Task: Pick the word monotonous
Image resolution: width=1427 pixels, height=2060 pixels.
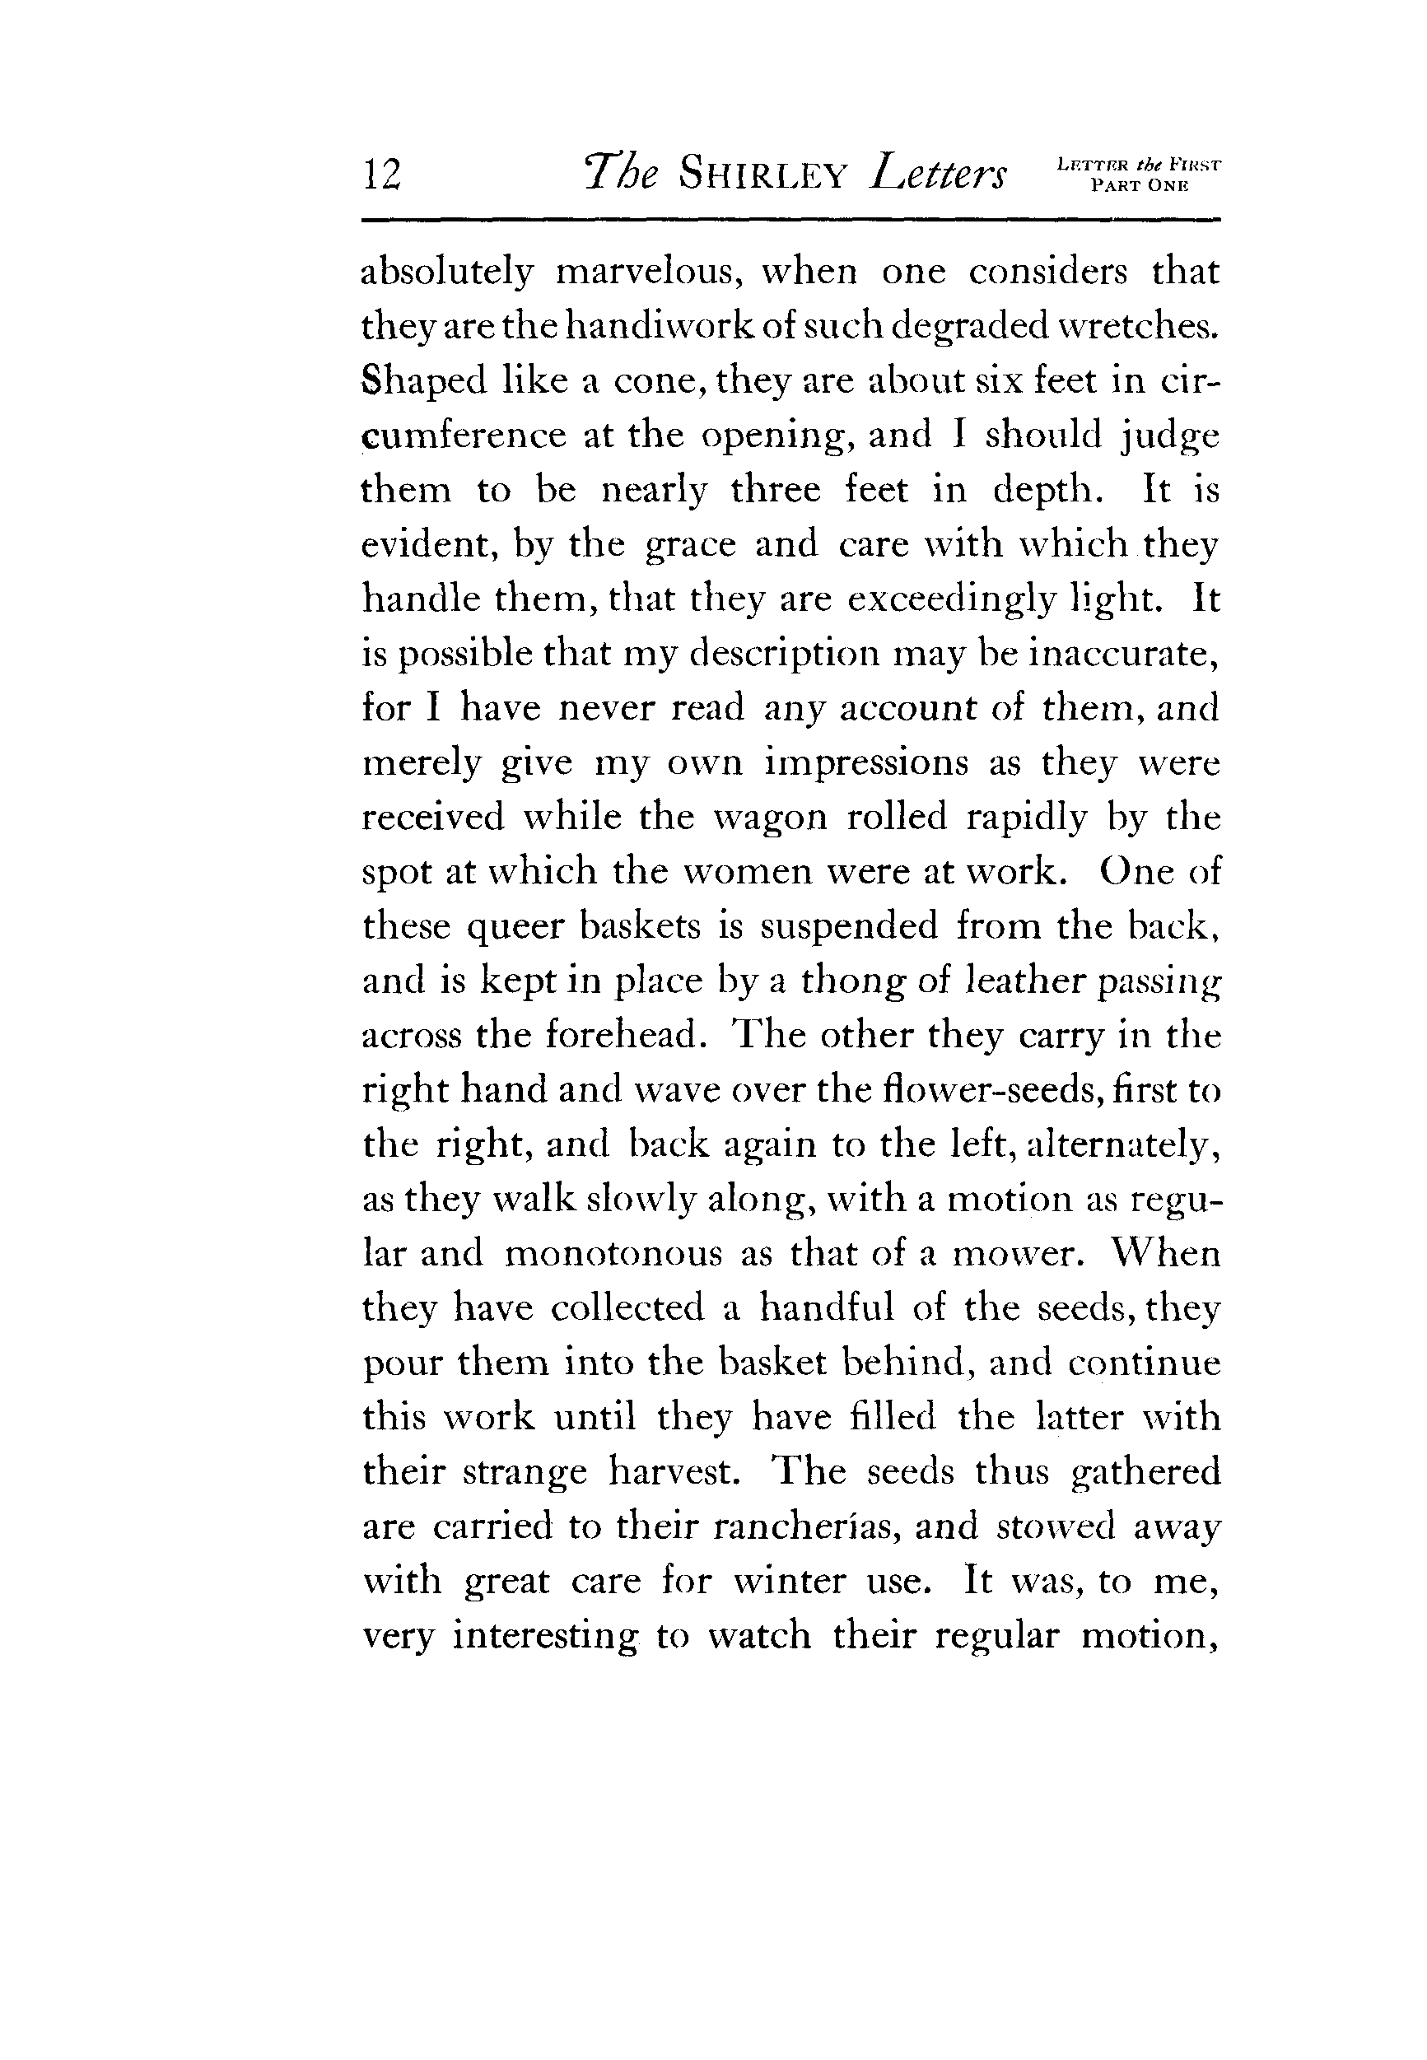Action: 613,1253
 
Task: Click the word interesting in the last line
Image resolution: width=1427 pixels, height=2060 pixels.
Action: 545,1636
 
